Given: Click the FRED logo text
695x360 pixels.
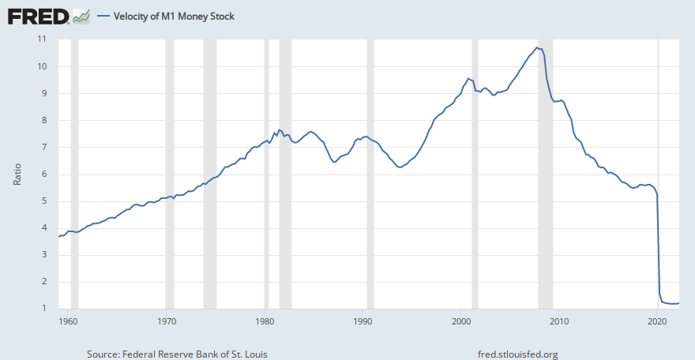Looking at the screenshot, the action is (38, 17).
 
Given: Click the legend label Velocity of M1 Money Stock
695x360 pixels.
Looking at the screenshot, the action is (174, 17).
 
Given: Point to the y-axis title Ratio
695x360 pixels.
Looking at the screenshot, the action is (17, 174).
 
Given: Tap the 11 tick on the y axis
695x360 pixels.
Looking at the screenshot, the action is (42, 39).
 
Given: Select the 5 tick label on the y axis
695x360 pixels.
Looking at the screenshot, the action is (44, 201).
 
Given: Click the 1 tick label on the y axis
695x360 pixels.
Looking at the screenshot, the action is (44, 308).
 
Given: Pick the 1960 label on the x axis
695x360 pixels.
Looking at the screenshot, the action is (68, 321).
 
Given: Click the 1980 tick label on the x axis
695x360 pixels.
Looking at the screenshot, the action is (264, 321).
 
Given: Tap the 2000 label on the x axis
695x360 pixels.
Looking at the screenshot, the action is (461, 321).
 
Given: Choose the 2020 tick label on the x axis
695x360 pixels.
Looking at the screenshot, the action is (657, 321).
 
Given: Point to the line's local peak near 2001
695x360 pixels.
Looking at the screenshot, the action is (468, 78).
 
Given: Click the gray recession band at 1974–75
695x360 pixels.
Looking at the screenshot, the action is (210, 174).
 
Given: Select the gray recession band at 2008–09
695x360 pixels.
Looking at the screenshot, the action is (546, 174).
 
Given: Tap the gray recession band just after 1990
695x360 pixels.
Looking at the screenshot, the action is (370, 174).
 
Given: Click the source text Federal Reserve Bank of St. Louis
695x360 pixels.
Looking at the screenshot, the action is (195, 354).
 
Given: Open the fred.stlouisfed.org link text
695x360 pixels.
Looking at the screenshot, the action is (518, 354).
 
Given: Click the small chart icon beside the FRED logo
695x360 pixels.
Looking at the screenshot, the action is (81, 17).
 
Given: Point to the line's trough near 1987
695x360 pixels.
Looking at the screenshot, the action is (334, 162).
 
